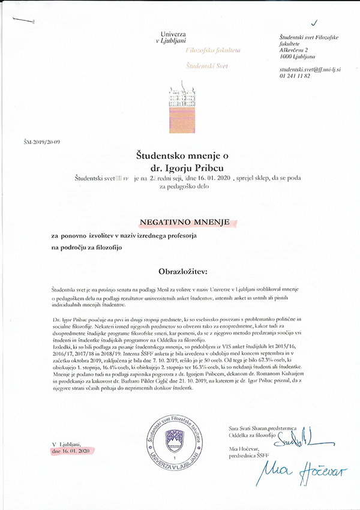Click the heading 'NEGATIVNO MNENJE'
pyautogui.click(x=185, y=223)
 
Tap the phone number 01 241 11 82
pyautogui.click(x=294, y=76)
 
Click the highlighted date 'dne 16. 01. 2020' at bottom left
pyautogui.click(x=71, y=449)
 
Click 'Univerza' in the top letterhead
pyautogui.click(x=175, y=35)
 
